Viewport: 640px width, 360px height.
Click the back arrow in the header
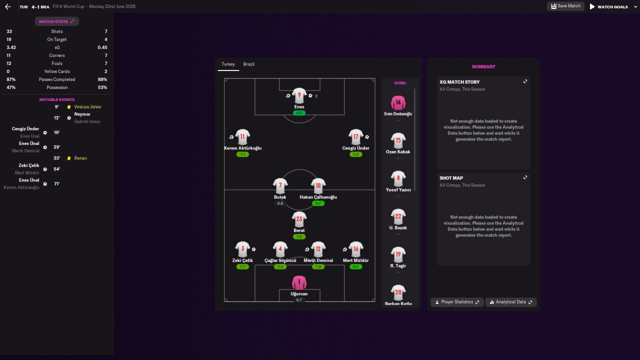(x=7, y=7)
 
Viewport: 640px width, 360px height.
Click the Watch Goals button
(x=608, y=7)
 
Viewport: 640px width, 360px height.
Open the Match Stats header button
(x=56, y=21)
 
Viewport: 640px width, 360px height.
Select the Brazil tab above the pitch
(x=248, y=64)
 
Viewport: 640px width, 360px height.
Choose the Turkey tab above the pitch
(x=228, y=64)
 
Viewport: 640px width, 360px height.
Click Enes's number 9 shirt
(x=299, y=95)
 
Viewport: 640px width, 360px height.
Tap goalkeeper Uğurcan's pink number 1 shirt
(x=299, y=283)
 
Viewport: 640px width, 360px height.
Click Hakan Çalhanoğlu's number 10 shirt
(x=318, y=186)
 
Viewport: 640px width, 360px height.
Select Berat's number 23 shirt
(x=299, y=219)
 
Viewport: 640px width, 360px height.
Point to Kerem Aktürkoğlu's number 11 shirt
(x=242, y=137)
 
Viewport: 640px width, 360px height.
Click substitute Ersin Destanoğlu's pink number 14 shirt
(x=398, y=103)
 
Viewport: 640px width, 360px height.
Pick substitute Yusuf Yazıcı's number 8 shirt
(x=398, y=178)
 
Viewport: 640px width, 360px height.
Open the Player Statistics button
(x=457, y=302)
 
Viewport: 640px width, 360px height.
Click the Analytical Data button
(x=511, y=302)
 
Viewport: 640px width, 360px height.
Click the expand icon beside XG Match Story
(x=525, y=81)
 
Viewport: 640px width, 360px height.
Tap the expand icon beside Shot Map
(x=525, y=177)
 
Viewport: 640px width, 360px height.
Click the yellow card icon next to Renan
(x=69, y=158)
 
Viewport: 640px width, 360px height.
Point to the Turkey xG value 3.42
(x=11, y=47)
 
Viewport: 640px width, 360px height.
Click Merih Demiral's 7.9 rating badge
(x=318, y=267)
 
